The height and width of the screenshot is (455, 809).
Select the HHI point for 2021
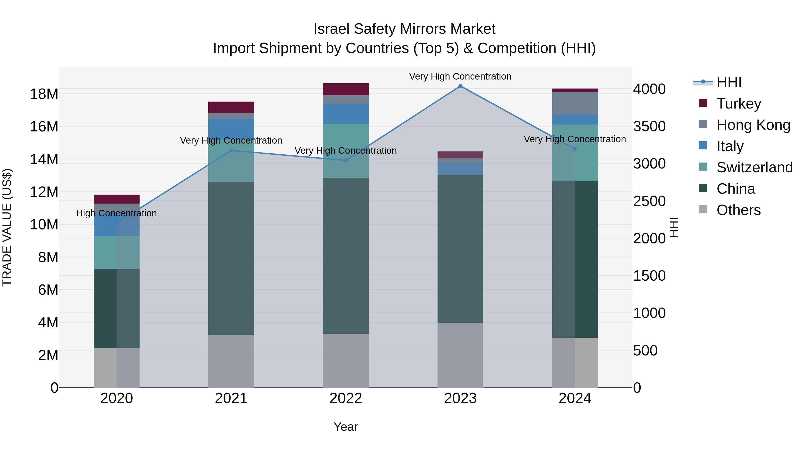coord(231,150)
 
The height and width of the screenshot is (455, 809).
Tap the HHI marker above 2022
coord(346,160)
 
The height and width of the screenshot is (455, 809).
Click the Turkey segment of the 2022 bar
coord(346,89)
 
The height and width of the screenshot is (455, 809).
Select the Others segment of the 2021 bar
coord(231,361)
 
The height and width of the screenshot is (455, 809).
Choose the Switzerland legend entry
coord(754,167)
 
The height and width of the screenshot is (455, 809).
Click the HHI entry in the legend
coord(729,82)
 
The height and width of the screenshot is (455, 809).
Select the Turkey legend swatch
coord(703,103)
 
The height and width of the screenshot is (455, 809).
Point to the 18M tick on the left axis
coord(44,94)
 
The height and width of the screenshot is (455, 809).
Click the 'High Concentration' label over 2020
coord(116,213)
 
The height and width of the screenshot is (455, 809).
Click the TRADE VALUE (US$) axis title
coord(7,227)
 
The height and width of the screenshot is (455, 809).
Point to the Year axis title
coord(346,427)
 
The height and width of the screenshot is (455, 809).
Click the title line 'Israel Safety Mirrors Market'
coord(404,29)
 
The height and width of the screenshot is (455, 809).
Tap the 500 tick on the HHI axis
coord(645,351)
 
